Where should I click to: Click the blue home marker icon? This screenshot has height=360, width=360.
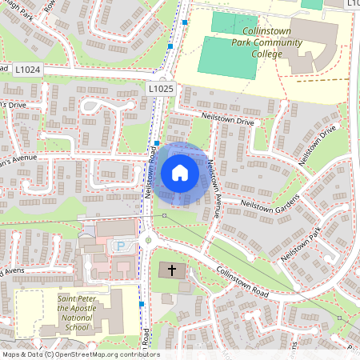[180, 172]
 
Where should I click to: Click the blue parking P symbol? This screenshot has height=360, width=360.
[121, 247]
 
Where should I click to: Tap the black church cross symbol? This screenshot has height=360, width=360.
[172, 270]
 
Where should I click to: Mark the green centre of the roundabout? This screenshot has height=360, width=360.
[146, 238]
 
